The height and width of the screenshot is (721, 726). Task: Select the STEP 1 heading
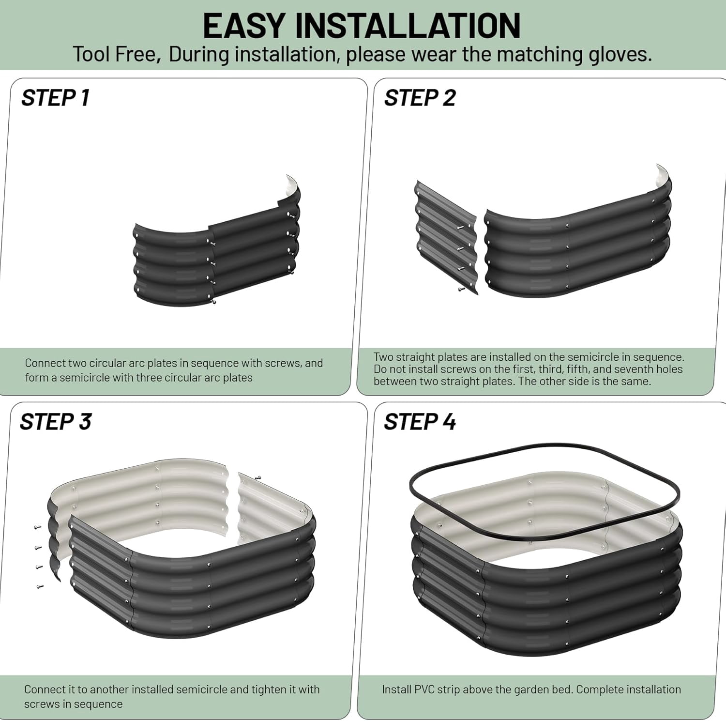pos(55,98)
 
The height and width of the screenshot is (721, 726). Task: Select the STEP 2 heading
pos(420,98)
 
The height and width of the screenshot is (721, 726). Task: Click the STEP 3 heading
pos(56,422)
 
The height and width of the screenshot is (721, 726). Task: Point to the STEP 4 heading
pos(420,422)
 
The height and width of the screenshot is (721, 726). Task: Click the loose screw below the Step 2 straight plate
pos(460,289)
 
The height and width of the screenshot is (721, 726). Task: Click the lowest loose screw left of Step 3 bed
pos(39,586)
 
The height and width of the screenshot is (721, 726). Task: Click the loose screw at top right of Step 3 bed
pos(257,477)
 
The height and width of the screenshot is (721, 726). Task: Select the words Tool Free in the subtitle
pos(116,54)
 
